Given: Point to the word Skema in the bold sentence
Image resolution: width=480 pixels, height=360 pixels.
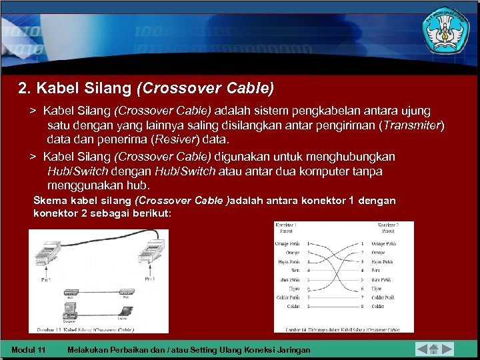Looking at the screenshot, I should (x=50, y=201).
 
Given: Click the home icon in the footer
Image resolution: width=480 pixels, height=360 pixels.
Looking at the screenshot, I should (x=433, y=348).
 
